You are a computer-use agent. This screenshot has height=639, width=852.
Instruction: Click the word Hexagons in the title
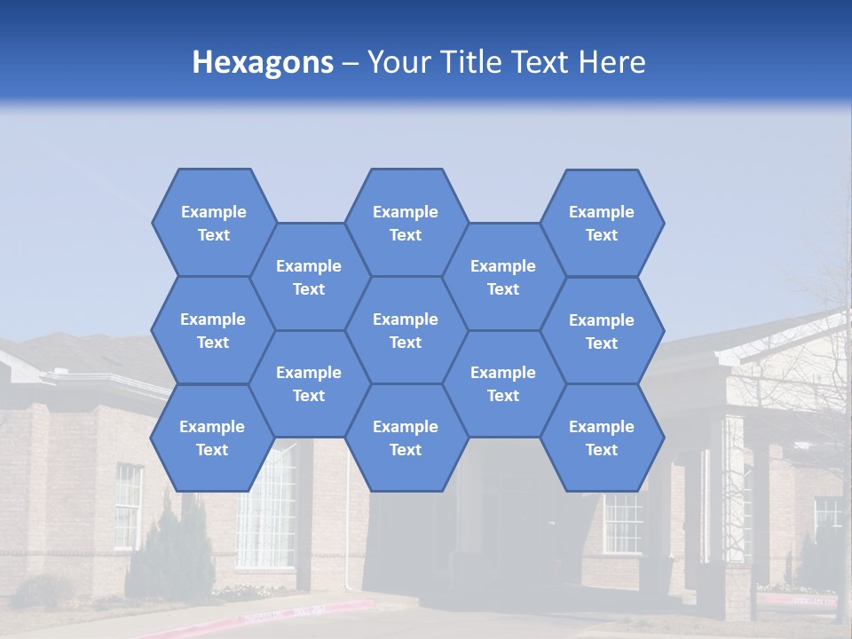click(x=263, y=62)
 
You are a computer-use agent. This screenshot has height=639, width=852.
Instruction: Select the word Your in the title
click(x=395, y=62)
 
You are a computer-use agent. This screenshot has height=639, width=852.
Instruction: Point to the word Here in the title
click(x=611, y=62)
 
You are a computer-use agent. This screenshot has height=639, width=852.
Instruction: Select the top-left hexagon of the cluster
click(x=213, y=223)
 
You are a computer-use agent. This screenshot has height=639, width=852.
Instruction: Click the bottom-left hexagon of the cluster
click(x=212, y=438)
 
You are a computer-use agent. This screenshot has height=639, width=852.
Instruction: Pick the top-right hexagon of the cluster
click(x=602, y=223)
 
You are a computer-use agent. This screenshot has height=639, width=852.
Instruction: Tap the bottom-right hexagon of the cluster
click(x=602, y=438)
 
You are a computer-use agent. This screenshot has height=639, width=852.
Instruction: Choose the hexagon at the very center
click(x=406, y=330)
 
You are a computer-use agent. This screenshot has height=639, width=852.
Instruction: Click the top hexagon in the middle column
click(x=406, y=223)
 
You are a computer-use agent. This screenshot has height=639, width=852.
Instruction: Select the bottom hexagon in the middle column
click(x=406, y=438)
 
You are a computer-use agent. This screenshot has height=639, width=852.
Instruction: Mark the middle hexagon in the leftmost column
click(x=212, y=330)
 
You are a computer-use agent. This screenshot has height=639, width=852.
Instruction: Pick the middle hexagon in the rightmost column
click(x=602, y=331)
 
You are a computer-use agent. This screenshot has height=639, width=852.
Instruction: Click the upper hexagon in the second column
click(x=309, y=277)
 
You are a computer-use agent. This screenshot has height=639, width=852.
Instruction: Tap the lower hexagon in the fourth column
click(x=503, y=383)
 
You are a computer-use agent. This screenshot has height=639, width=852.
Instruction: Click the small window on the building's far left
click(x=128, y=506)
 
